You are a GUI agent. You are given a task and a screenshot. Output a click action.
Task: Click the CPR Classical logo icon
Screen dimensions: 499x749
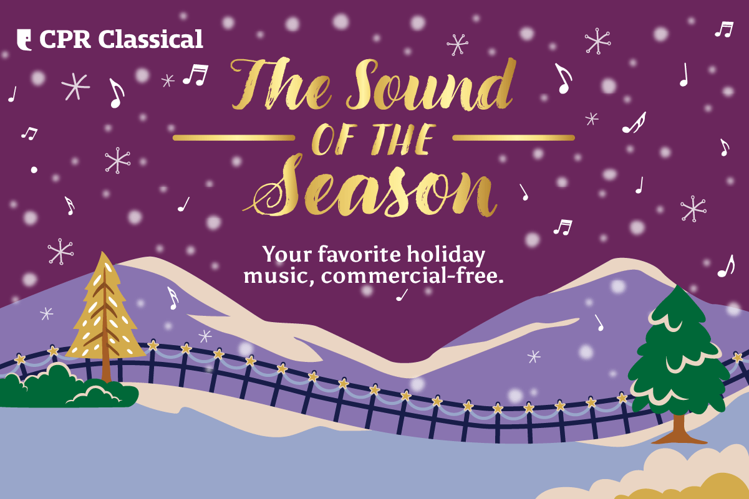click(x=25, y=39)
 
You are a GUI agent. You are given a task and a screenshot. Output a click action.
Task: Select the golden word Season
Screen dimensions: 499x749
click(x=374, y=187)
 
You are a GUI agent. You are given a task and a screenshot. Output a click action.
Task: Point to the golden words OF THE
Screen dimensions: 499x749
click(x=373, y=139)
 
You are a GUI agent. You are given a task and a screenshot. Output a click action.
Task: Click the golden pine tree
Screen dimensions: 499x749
click(x=105, y=311)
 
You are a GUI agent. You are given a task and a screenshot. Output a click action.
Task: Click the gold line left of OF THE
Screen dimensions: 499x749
click(x=233, y=137)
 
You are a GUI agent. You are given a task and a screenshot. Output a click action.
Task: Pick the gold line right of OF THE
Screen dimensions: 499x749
click(x=513, y=137)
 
